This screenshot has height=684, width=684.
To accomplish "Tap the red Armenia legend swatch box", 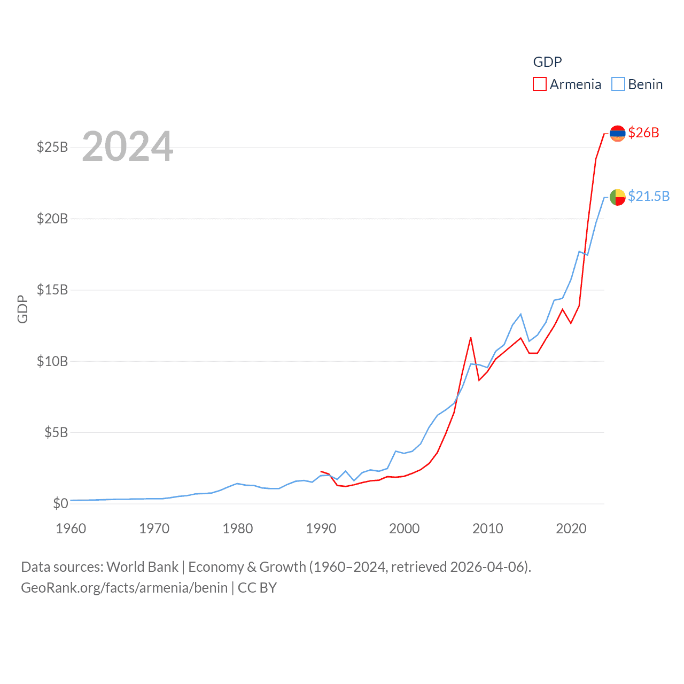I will [x=540, y=84].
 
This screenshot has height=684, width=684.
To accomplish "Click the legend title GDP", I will [x=547, y=62].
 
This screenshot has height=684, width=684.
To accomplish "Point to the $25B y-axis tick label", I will [x=52, y=147].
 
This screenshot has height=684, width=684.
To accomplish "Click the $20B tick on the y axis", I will [x=52, y=218].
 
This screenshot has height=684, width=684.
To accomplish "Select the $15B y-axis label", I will [x=52, y=290].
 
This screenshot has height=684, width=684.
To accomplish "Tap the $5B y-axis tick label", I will [x=56, y=432].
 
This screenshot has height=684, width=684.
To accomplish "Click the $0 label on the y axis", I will [x=60, y=503].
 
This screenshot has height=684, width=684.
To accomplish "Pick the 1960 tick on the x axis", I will [x=71, y=528].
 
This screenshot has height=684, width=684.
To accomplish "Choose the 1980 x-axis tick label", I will [x=238, y=528].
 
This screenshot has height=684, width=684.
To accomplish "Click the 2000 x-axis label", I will [x=405, y=528].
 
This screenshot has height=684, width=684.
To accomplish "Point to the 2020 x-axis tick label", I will [x=571, y=528].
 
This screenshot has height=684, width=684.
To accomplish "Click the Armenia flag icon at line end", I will [x=617, y=133].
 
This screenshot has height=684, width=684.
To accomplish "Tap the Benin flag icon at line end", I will [x=617, y=197].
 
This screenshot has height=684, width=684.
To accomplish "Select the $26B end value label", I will [x=643, y=133].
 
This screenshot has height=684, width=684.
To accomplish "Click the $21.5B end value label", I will [x=649, y=196].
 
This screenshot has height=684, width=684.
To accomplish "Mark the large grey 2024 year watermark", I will [x=128, y=146].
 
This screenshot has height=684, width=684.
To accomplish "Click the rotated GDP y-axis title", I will [x=22, y=309].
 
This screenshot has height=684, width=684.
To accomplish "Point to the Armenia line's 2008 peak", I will [x=471, y=338].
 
